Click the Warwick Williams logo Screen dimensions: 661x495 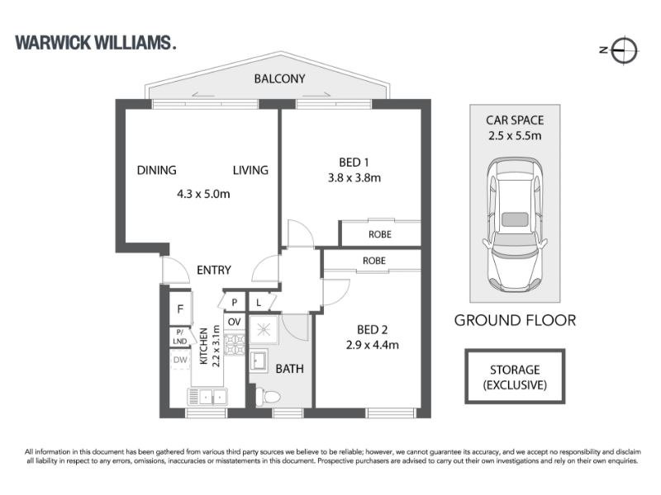95,43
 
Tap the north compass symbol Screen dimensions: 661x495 624,50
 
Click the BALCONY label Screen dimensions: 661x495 279,78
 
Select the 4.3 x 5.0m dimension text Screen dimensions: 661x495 203,194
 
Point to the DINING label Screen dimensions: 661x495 156,170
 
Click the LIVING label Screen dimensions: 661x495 250,170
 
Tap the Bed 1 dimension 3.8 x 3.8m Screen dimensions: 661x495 354,177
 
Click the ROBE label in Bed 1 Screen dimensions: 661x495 380,234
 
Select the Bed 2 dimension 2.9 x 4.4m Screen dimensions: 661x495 373,345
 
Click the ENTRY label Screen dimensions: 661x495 214,270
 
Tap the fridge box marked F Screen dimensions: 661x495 180,309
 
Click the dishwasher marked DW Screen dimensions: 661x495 180,360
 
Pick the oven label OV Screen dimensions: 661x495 234,322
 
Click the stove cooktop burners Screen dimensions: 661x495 235,344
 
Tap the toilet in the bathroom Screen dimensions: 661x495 268,397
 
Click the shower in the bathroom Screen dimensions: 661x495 264,329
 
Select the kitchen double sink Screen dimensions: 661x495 207,397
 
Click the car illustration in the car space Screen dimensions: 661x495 515,224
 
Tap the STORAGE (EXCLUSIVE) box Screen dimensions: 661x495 515,377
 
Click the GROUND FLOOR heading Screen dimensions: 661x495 515,320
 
